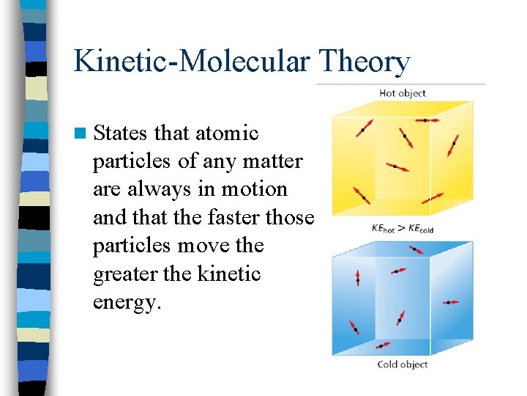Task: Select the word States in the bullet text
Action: pyautogui.click(x=122, y=133)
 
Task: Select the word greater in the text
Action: pyautogui.click(x=124, y=274)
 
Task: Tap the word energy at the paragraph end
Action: pyautogui.click(x=125, y=302)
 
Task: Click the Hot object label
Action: pyautogui.click(x=402, y=93)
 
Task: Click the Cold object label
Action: pyautogui.click(x=402, y=364)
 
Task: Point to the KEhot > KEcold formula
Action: pyautogui.click(x=402, y=228)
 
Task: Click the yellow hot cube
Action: pyautogui.click(x=402, y=158)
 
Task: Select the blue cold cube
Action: pyautogui.click(x=402, y=297)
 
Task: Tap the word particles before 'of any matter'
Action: pyautogui.click(x=134, y=161)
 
